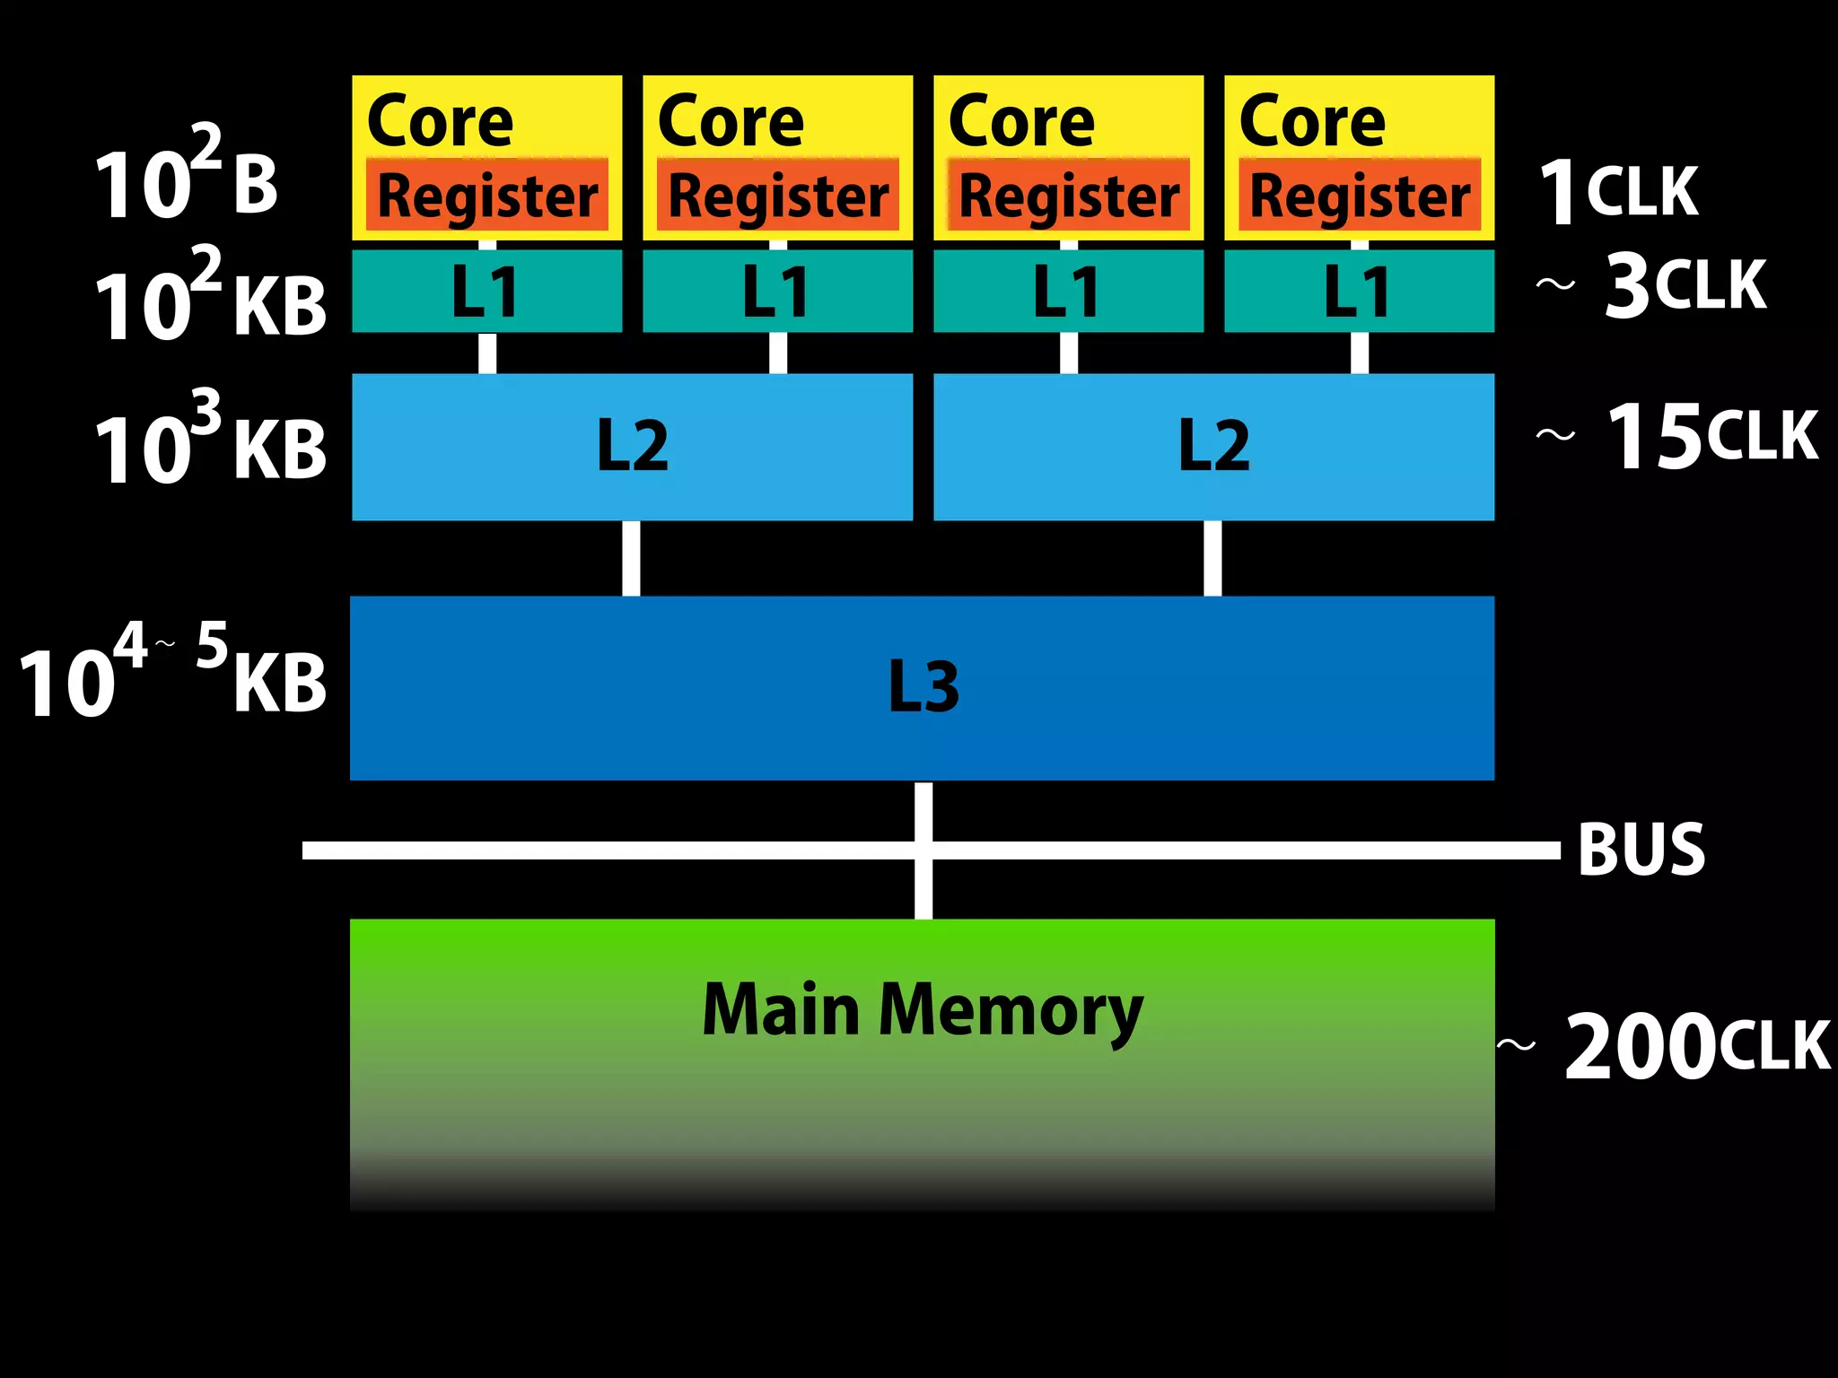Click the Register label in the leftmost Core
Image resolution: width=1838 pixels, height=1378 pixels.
487,196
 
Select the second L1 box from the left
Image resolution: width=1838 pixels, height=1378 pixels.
777,291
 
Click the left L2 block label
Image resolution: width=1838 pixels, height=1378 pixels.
633,446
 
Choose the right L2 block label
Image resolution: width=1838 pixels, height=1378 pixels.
1213,446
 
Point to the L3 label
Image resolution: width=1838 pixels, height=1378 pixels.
923,687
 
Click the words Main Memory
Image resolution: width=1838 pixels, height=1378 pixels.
923,1010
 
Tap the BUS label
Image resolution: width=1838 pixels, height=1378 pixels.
1641,849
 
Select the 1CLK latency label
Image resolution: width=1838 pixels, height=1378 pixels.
1618,191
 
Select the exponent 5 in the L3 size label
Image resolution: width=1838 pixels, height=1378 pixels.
212,644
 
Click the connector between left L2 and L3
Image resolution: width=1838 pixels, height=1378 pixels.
631,558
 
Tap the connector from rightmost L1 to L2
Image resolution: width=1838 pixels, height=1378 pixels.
1360,353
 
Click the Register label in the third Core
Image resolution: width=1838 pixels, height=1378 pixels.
1069,196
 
